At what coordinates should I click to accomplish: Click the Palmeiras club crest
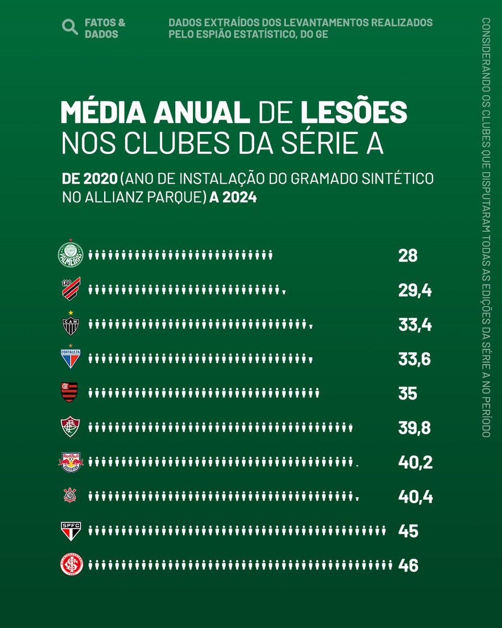(x=70, y=255)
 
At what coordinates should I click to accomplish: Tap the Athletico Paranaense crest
(x=70, y=289)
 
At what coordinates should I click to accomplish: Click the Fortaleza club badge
(x=70, y=358)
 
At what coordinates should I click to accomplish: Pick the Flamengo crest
(x=70, y=392)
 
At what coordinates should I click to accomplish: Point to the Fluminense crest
(x=70, y=427)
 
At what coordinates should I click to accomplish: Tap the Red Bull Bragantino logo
(x=70, y=462)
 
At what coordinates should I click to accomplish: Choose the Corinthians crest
(x=70, y=496)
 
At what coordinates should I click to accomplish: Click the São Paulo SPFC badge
(x=70, y=531)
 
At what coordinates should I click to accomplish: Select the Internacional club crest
(x=70, y=565)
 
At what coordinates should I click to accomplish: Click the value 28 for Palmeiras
(x=408, y=256)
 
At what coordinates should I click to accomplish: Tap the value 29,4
(x=415, y=291)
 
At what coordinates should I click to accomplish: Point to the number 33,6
(x=414, y=360)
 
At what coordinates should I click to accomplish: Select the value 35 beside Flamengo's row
(x=408, y=394)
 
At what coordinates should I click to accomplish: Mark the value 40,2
(x=415, y=462)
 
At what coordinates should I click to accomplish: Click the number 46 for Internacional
(x=408, y=565)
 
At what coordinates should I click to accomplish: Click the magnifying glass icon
(x=70, y=27)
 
